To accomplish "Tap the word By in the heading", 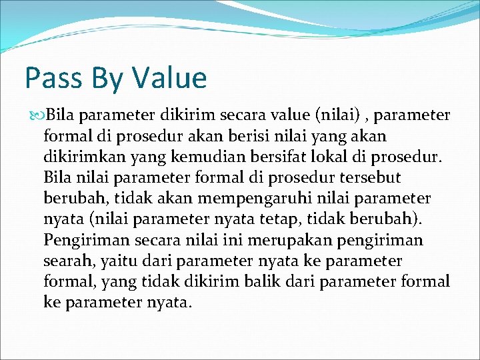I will tap(110, 78).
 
